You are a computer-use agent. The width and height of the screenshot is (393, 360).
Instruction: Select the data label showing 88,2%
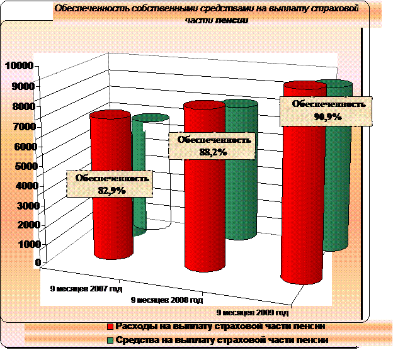coord(214,145)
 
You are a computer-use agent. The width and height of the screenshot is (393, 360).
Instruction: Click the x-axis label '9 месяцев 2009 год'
coord(252,312)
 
